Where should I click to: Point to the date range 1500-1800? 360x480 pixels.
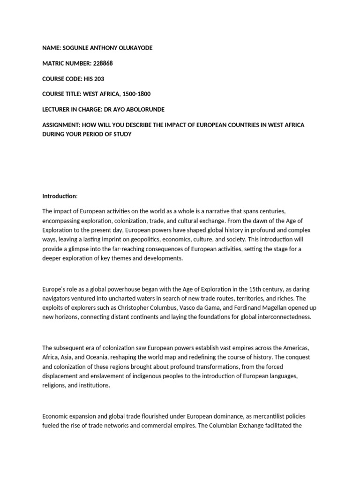[x=135, y=94]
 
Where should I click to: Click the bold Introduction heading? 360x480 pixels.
[x=59, y=195]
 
